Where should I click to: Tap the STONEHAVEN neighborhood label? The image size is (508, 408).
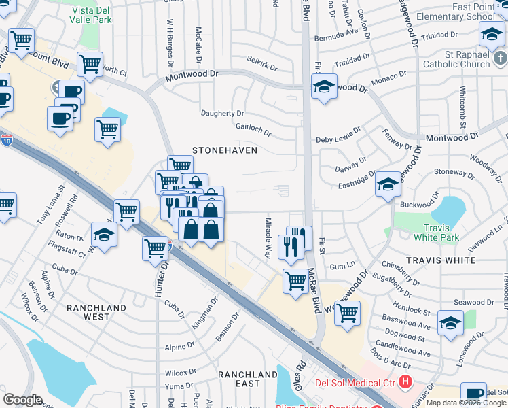[x=225, y=150]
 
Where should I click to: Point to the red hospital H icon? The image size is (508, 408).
[x=406, y=383]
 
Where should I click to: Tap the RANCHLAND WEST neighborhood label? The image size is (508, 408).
[x=96, y=312]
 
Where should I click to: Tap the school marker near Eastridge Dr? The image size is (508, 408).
[x=388, y=184]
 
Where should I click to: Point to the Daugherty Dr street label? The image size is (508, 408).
[x=222, y=112]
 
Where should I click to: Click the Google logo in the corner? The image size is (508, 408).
[x=22, y=400]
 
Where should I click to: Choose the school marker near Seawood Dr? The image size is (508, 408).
[x=450, y=324]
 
